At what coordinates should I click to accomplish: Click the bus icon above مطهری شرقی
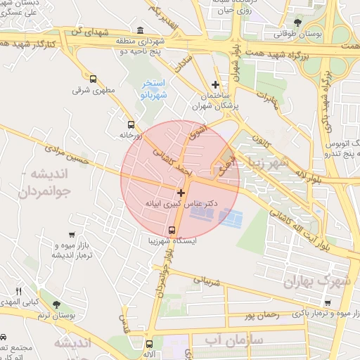point(94,79)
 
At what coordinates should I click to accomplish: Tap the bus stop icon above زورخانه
point(131,124)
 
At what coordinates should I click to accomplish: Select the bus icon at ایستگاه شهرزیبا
point(172,230)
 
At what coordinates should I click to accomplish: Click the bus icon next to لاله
point(149,344)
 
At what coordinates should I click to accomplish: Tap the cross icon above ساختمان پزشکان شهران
point(216,84)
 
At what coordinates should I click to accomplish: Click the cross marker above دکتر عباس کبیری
point(181,192)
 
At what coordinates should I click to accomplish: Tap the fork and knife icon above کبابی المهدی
point(19,291)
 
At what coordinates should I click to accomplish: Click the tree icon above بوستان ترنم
point(56,304)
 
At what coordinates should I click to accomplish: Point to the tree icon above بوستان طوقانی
point(299,22)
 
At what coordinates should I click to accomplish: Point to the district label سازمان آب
point(233,340)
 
